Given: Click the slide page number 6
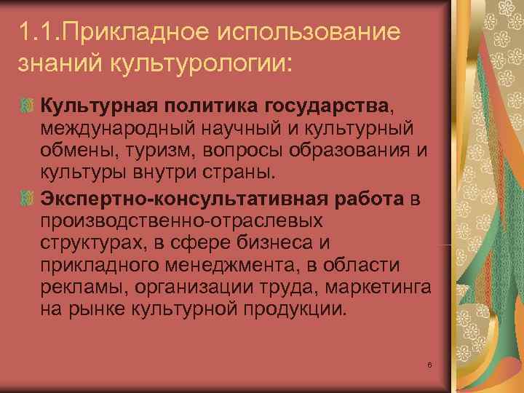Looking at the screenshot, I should [x=431, y=363].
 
